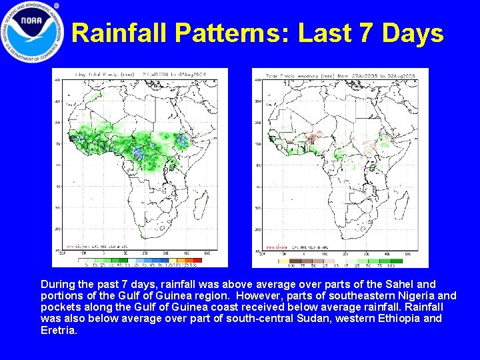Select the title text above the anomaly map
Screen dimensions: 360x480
(340, 75)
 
